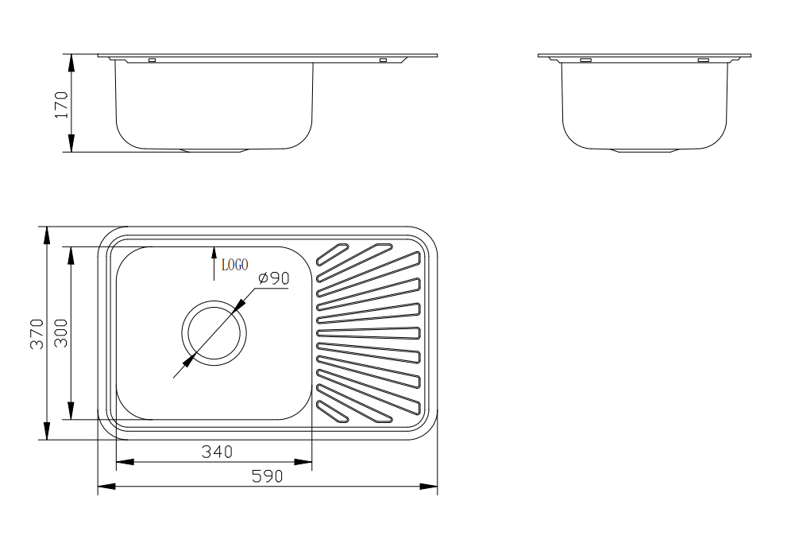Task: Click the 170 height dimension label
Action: (x=61, y=105)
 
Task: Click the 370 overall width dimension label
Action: (x=37, y=333)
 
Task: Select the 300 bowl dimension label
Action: (x=61, y=333)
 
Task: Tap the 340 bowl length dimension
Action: (x=217, y=452)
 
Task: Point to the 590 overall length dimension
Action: (x=268, y=475)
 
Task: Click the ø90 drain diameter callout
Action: (x=273, y=277)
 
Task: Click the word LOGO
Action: (x=235, y=265)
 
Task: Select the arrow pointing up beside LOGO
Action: (x=214, y=263)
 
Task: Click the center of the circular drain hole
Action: (x=214, y=333)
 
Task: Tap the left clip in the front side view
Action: (x=152, y=60)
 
